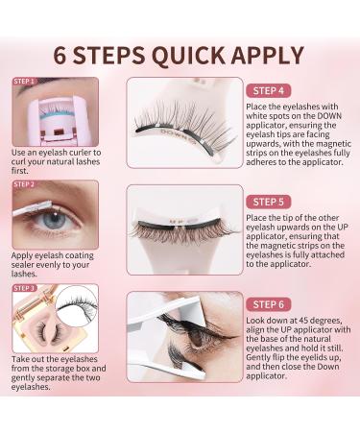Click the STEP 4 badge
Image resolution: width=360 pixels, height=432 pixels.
(268, 91)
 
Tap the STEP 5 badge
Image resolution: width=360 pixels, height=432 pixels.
(268, 202)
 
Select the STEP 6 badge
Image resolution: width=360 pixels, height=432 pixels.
(268, 304)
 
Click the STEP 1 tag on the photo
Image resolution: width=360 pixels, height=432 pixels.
(24, 82)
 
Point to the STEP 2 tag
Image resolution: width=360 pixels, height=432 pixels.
(24, 184)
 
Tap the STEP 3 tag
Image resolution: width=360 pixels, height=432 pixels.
(24, 288)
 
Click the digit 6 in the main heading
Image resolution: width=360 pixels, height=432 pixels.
(60, 56)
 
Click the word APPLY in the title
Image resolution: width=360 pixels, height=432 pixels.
(267, 56)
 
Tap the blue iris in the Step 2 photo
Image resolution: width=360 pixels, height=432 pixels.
(54, 221)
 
